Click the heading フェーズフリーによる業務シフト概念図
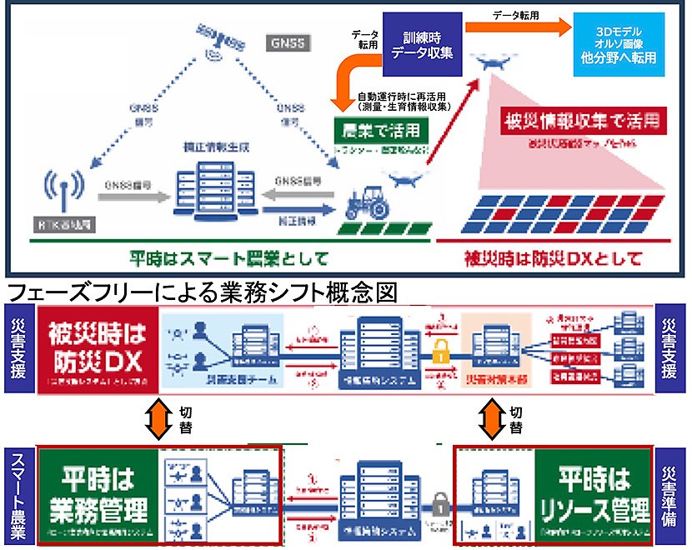(x=204, y=293)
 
